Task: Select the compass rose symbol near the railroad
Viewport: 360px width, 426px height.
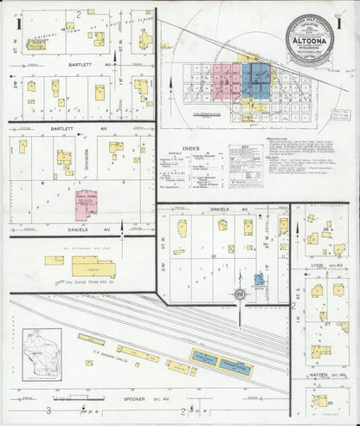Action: [239, 294]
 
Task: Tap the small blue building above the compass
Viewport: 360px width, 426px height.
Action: [259, 280]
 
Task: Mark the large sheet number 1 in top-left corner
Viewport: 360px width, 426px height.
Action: [17, 23]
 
